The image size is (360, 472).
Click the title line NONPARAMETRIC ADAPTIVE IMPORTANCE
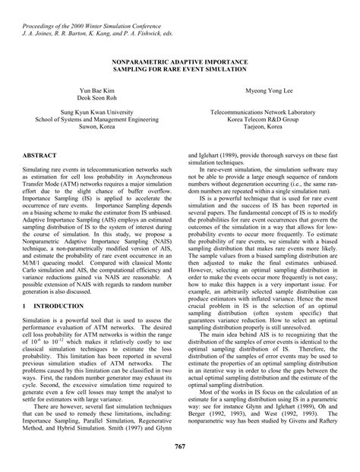pyautogui.click(x=180, y=60)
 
